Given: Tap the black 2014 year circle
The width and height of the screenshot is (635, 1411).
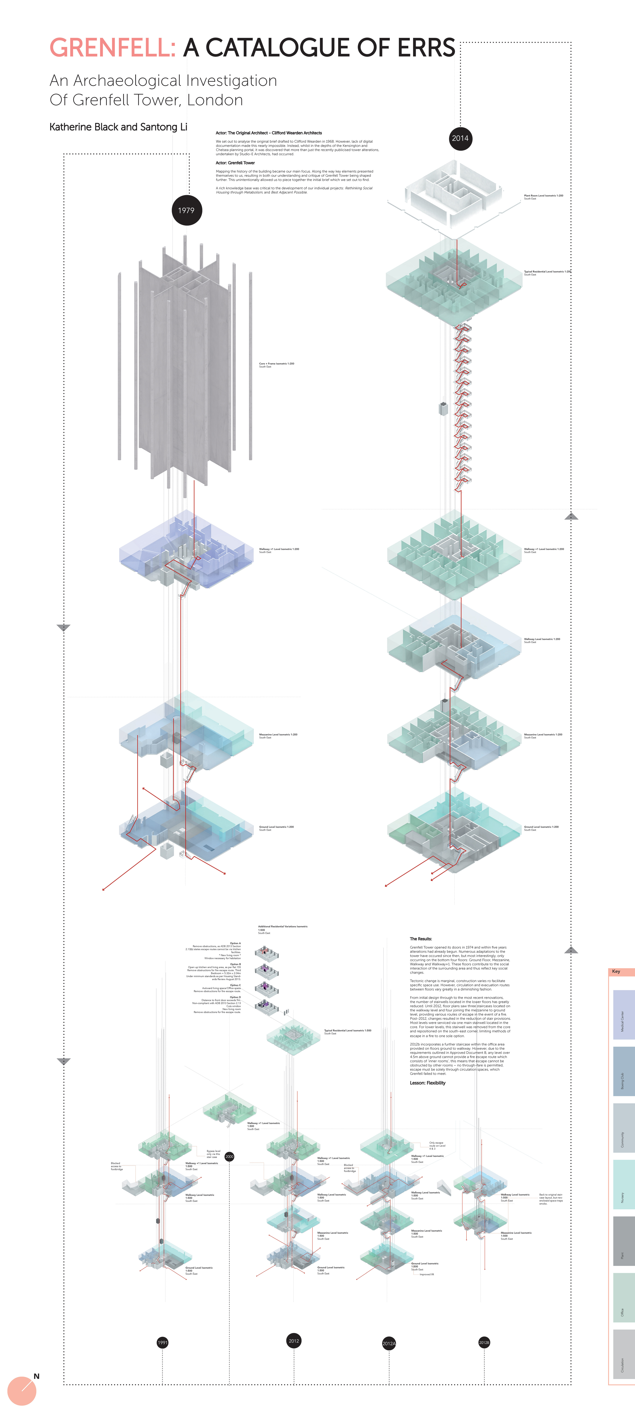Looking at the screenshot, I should coord(460,139).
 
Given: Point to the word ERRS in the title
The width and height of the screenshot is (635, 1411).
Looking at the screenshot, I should coord(426,48).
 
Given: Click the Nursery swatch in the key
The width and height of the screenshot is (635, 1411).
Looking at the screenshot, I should coord(623,1191).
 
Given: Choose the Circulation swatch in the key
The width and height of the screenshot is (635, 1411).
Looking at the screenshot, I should coord(623,1361).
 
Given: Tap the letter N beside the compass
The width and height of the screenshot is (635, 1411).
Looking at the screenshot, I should coord(37,1376).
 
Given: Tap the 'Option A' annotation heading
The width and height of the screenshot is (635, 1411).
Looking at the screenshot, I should coord(235,943).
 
